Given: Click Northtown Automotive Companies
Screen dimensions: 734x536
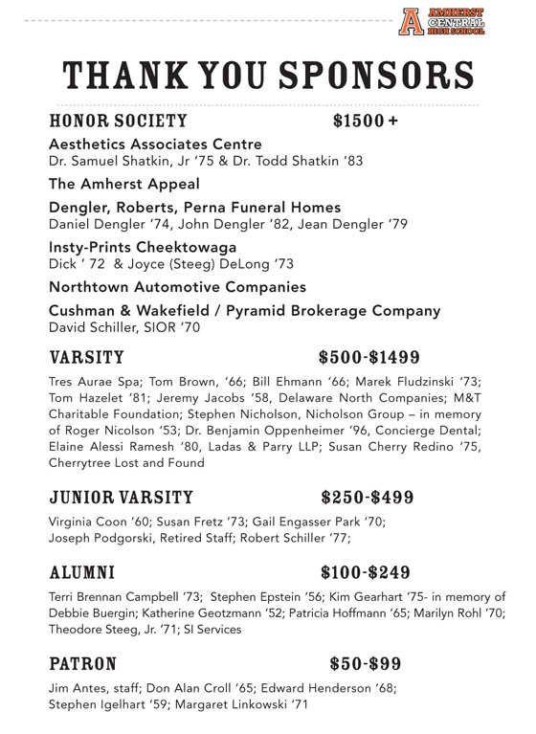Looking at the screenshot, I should click(177, 287).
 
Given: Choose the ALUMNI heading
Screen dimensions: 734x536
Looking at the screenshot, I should click(82, 573).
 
